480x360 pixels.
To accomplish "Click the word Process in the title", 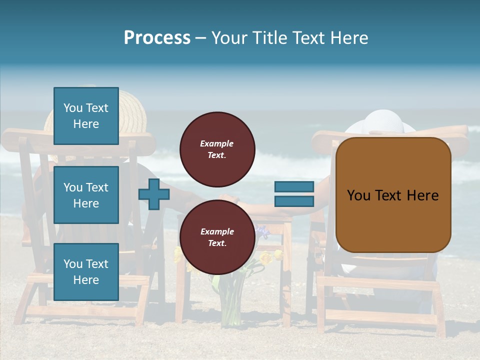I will click(157, 38).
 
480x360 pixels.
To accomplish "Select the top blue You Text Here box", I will click(86, 116).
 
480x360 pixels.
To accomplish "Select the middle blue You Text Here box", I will click(86, 195).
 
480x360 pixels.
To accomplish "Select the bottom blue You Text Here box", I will click(86, 272).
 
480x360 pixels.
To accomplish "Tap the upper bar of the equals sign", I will click(294, 187).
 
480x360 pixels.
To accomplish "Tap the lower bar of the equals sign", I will click(294, 201).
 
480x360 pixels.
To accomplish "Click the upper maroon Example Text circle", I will click(217, 149).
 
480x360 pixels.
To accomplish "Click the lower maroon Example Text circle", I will click(217, 237).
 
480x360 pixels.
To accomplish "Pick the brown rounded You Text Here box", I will click(393, 195).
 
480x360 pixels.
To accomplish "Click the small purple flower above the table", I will click(262, 231).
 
